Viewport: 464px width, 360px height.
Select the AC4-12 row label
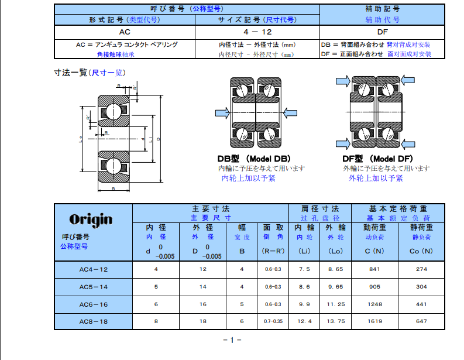[x=94, y=269]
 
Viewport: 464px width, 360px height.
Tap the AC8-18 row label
[x=94, y=321]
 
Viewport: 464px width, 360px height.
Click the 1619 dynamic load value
[x=375, y=321]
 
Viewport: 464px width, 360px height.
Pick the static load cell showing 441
[x=422, y=304]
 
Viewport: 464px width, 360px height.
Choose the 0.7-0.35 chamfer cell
[x=273, y=321]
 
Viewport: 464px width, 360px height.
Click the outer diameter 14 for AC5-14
[x=203, y=287]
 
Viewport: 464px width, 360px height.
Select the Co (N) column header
[x=422, y=251]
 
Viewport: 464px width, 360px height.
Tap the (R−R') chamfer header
[x=273, y=251]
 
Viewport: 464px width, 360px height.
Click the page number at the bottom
[x=232, y=341]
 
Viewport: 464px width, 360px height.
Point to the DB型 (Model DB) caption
[x=253, y=159]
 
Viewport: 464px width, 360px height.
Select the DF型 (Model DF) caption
[x=378, y=159]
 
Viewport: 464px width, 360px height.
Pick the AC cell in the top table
[x=124, y=32]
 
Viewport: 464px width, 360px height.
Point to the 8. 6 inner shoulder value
[x=305, y=287]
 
